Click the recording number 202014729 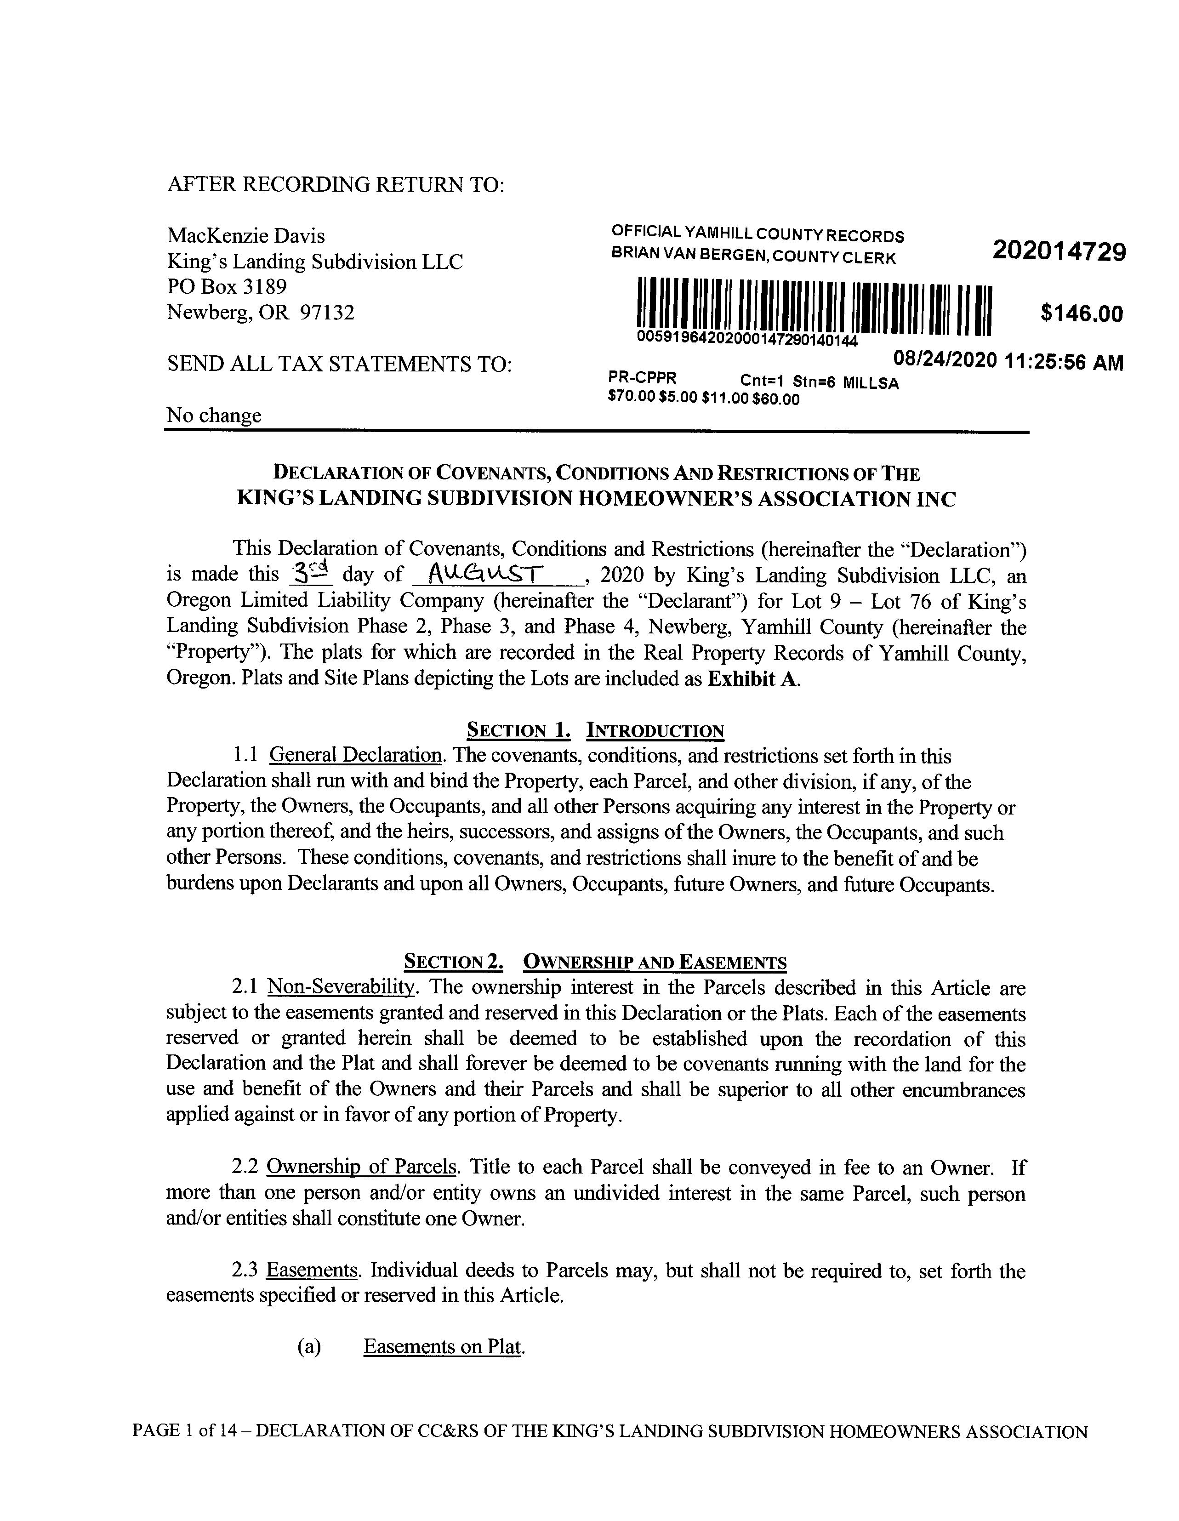(x=1059, y=251)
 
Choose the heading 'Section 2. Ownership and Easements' (x=595, y=963)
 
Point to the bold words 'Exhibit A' (x=752, y=679)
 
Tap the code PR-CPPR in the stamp (x=642, y=378)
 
